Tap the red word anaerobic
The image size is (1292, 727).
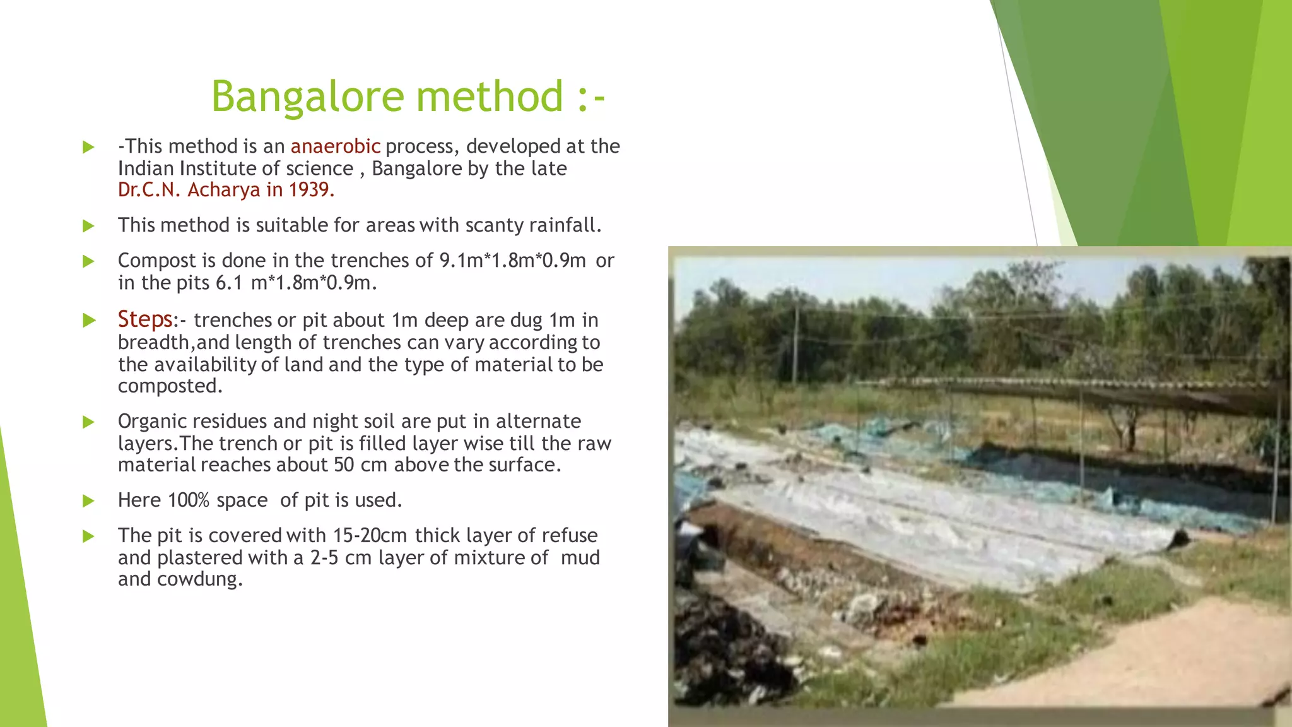[335, 146]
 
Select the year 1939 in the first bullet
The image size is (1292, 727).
[309, 190]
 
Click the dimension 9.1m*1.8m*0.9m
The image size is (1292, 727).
[512, 261]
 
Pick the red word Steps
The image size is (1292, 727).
[144, 319]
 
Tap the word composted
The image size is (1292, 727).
[170, 386]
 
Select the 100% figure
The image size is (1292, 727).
[188, 500]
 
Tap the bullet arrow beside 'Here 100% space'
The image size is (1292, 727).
[88, 501]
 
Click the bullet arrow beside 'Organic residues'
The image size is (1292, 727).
[88, 422]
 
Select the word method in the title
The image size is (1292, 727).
[489, 97]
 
